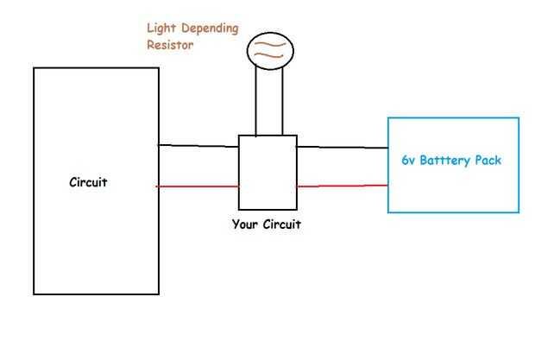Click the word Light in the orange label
pyautogui.click(x=162, y=27)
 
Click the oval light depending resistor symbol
pyautogui.click(x=269, y=49)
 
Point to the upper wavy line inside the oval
pyautogui.click(x=269, y=44)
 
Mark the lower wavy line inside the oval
pyautogui.click(x=269, y=55)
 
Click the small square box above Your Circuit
pyautogui.click(x=267, y=172)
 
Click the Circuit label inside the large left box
pyautogui.click(x=88, y=182)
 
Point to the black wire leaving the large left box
pyautogui.click(x=198, y=146)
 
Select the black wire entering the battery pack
pyautogui.click(x=342, y=148)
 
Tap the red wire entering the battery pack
pyautogui.click(x=342, y=185)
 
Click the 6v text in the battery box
pyautogui.click(x=410, y=161)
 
